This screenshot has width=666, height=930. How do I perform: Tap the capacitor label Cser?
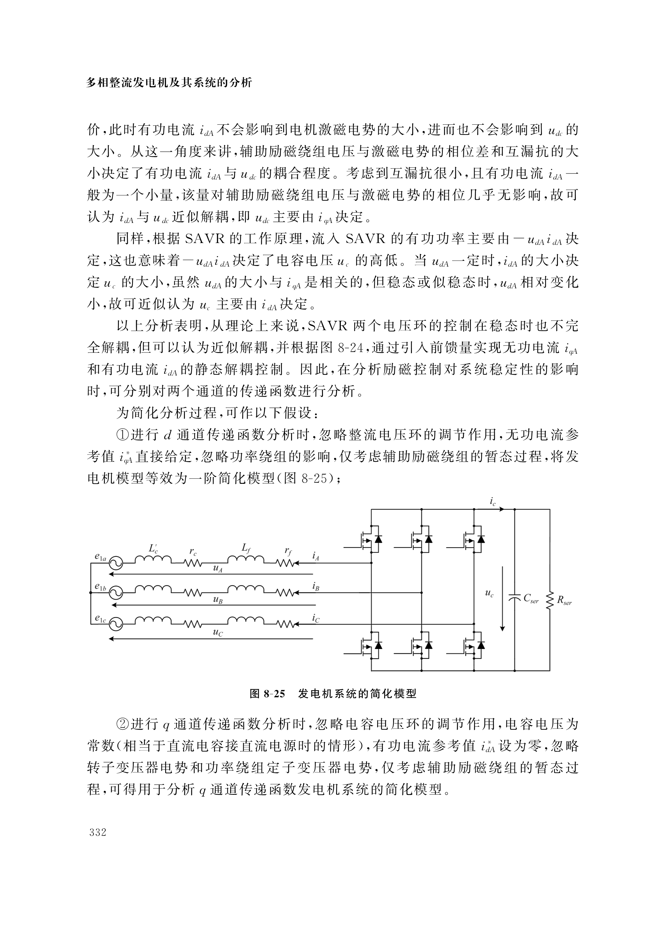click(531, 599)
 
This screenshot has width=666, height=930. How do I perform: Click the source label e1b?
click(100, 587)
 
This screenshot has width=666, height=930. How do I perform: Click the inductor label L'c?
click(153, 549)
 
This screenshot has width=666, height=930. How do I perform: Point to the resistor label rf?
click(288, 551)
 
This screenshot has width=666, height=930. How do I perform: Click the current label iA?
click(316, 557)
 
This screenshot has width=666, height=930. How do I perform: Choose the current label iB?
click(316, 587)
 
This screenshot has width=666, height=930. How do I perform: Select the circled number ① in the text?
click(122, 435)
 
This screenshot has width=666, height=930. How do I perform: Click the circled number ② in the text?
click(122, 725)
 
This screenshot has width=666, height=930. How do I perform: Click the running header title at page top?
click(169, 83)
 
